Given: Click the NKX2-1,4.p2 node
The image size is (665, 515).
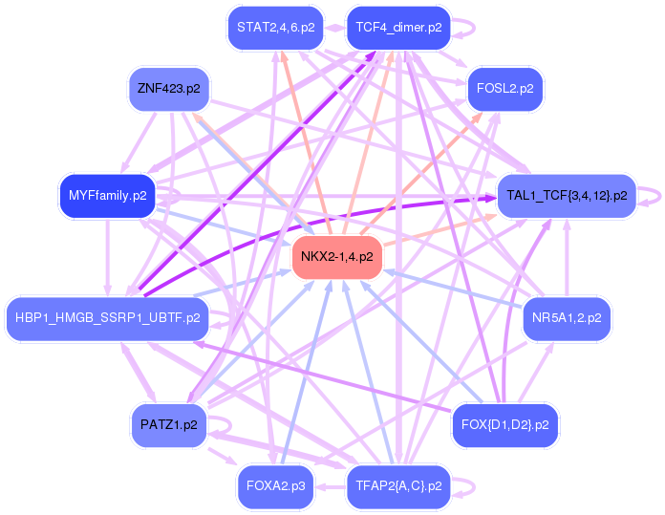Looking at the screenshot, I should click(336, 257).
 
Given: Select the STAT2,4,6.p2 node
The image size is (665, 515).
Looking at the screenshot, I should click(275, 28).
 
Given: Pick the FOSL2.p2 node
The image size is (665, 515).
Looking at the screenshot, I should click(504, 89).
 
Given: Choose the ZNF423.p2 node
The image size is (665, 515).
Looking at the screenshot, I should click(168, 89).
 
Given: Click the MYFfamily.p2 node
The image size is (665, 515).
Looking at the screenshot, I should click(107, 196).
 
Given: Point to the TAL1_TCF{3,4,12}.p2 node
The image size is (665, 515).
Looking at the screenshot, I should click(567, 196).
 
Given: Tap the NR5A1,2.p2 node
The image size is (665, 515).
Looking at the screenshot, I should click(567, 318).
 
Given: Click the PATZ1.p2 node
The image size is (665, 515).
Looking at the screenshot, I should click(168, 425).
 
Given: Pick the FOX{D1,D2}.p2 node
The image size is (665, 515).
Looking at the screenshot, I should click(504, 425).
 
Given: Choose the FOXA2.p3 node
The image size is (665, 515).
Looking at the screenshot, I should click(275, 486).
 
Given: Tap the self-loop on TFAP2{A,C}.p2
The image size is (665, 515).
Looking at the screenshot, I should click(465, 486).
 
